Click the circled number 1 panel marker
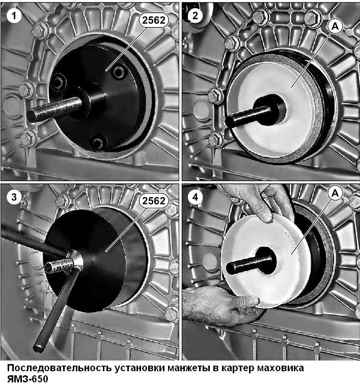pyautogui.click(x=14, y=16)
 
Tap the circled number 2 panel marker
pyautogui.click(x=195, y=16)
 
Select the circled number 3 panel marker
pyautogui.click(x=14, y=197)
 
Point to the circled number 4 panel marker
pyautogui.click(x=195, y=197)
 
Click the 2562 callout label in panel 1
pyautogui.click(x=154, y=20)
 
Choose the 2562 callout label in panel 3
pyautogui.click(x=154, y=201)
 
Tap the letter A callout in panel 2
pyautogui.click(x=335, y=26)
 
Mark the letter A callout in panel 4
pyautogui.click(x=335, y=193)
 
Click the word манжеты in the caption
pyautogui.click(x=188, y=368)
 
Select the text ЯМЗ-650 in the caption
pyautogui.click(x=27, y=379)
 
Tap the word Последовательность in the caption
pyautogui.click(x=59, y=368)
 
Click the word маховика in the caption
pyautogui.click(x=280, y=368)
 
